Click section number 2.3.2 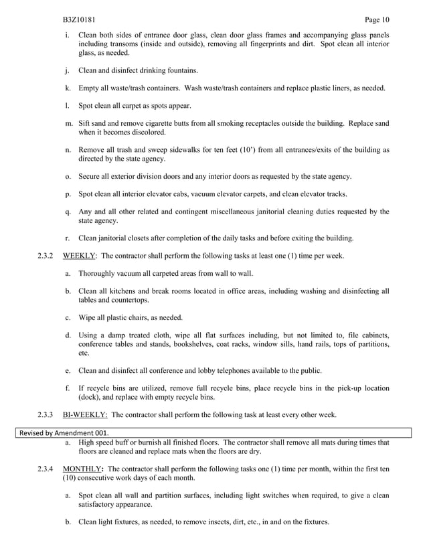(46, 256)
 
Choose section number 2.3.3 (46, 414)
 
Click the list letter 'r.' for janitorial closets (68, 238)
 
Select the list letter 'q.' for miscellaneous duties (68, 212)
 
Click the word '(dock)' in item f (90, 397)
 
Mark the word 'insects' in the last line (207, 522)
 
